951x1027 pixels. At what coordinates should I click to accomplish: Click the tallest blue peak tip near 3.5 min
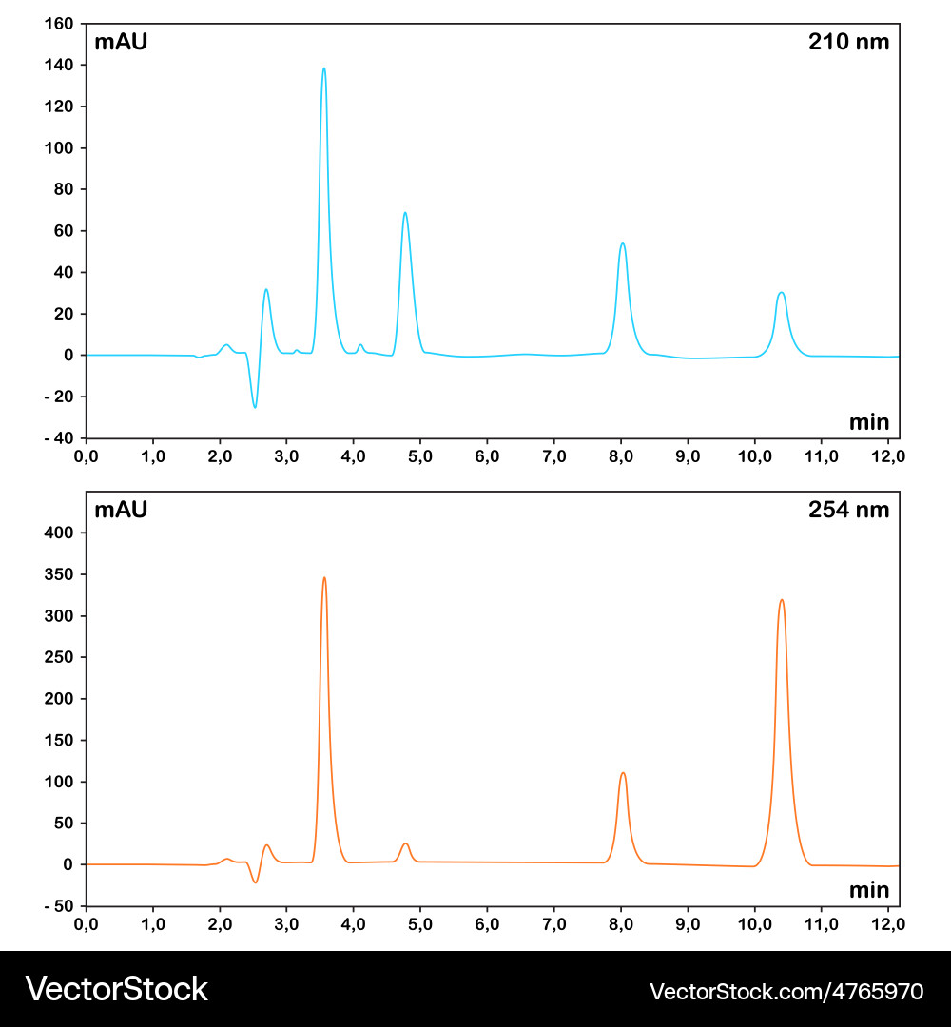(324, 68)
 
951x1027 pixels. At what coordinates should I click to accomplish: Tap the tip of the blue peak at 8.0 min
(622, 243)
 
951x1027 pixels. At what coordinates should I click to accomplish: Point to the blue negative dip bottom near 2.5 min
(255, 407)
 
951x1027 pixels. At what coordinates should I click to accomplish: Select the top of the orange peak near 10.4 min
(782, 600)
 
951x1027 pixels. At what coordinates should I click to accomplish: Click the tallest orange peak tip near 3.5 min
(324, 577)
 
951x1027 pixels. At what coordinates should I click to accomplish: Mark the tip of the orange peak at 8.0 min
(623, 772)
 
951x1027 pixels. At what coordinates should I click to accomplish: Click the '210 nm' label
(848, 42)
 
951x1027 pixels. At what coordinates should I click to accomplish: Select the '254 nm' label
(848, 510)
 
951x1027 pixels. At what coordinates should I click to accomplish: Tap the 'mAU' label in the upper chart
(121, 42)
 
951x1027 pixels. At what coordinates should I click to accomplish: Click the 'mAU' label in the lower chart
(121, 510)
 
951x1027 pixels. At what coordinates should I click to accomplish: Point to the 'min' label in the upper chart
(869, 422)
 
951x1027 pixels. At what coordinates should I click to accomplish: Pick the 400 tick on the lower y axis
(60, 533)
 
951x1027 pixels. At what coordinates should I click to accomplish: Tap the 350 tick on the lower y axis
(60, 575)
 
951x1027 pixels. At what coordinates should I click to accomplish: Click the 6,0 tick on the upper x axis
(487, 456)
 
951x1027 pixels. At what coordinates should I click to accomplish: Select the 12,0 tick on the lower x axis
(888, 924)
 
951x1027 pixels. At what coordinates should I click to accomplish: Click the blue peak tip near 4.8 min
(405, 213)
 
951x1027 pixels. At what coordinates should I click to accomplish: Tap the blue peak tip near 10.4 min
(781, 292)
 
